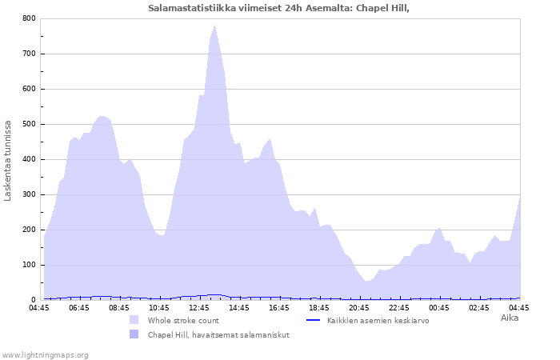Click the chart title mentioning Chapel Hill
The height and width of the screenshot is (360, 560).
click(x=278, y=8)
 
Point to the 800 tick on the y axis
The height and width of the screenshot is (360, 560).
click(x=30, y=18)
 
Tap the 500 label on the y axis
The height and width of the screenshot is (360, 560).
click(x=30, y=124)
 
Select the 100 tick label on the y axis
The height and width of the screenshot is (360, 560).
click(x=30, y=265)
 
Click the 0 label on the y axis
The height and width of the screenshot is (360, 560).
click(x=34, y=300)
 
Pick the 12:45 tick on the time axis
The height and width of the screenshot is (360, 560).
click(x=199, y=308)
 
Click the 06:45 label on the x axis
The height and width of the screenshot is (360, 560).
click(x=79, y=308)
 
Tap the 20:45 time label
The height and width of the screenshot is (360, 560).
click(x=359, y=308)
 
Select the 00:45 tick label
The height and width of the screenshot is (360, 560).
click(x=439, y=308)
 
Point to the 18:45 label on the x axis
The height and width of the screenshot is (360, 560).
click(x=319, y=308)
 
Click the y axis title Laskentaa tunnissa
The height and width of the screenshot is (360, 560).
click(x=7, y=161)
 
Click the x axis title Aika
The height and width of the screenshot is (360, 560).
click(x=510, y=318)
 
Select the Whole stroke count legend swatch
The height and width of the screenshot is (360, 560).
click(x=134, y=320)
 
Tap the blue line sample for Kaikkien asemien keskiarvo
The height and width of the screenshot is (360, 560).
click(x=314, y=320)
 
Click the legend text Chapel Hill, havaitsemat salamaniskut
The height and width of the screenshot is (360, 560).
click(x=218, y=335)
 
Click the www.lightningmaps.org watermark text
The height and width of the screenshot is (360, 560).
click(x=45, y=355)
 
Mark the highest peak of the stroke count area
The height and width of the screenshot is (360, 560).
click(x=215, y=25)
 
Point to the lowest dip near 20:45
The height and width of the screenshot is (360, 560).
click(x=367, y=281)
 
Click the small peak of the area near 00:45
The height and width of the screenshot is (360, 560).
click(x=439, y=228)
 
